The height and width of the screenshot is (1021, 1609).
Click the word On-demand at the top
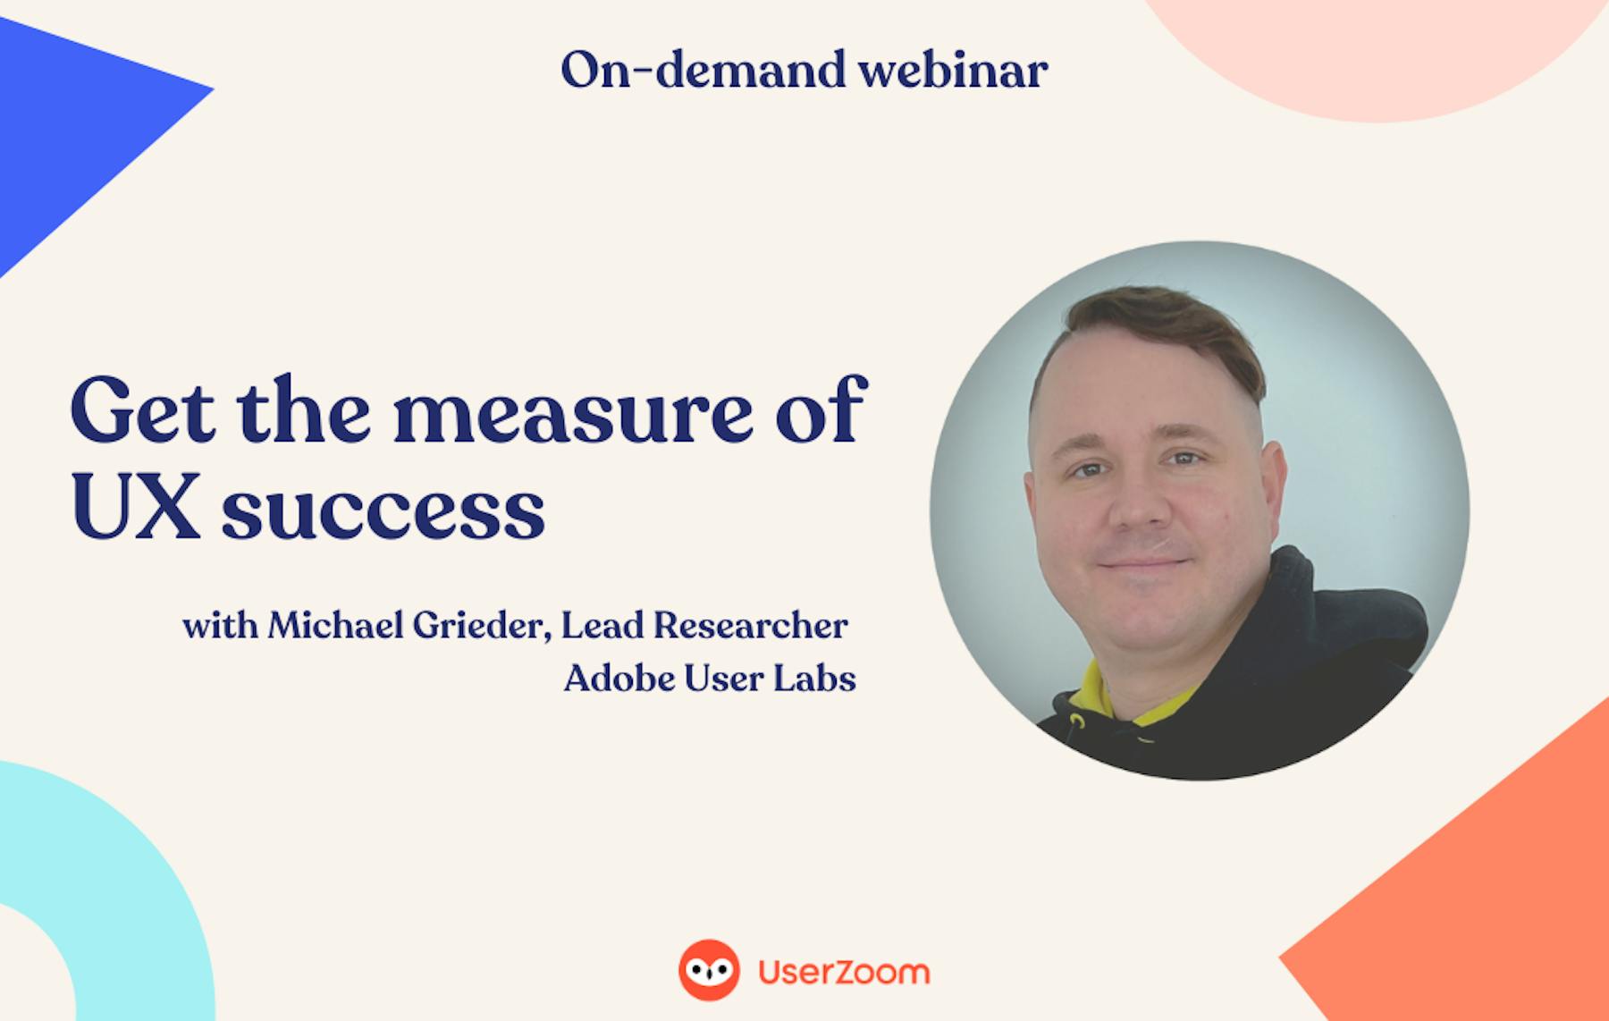[703, 70]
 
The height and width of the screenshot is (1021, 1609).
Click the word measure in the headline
[573, 416]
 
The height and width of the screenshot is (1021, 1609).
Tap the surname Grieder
[482, 625]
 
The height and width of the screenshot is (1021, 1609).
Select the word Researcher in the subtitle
[750, 625]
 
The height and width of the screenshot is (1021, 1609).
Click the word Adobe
[619, 679]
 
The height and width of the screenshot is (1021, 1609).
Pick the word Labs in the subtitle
[814, 679]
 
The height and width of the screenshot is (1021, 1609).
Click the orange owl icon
[709, 970]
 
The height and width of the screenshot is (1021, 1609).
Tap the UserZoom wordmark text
[844, 972]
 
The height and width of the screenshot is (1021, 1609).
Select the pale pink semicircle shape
[1381, 54]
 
